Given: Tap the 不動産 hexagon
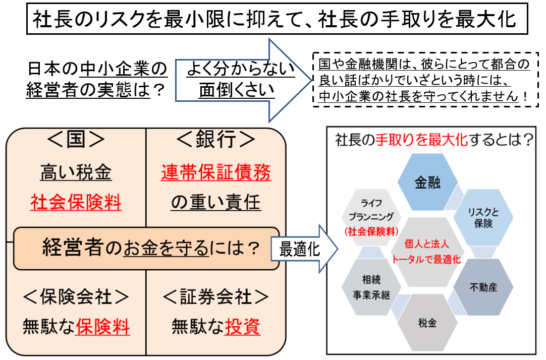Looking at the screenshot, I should click(x=483, y=288).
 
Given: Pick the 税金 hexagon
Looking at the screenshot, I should click(x=427, y=323).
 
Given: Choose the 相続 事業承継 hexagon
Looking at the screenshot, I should click(x=371, y=288).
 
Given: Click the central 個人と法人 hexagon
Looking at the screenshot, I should click(x=427, y=252).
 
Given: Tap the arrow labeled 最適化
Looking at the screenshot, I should click(x=303, y=250).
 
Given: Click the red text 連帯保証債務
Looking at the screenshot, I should click(x=216, y=173).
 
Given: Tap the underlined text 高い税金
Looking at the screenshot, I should click(x=76, y=173).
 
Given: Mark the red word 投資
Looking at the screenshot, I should click(x=243, y=327).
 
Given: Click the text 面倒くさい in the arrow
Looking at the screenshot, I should click(x=236, y=90).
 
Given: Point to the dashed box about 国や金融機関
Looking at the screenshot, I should click(x=423, y=80).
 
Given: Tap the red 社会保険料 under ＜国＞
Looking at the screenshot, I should click(x=76, y=203).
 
